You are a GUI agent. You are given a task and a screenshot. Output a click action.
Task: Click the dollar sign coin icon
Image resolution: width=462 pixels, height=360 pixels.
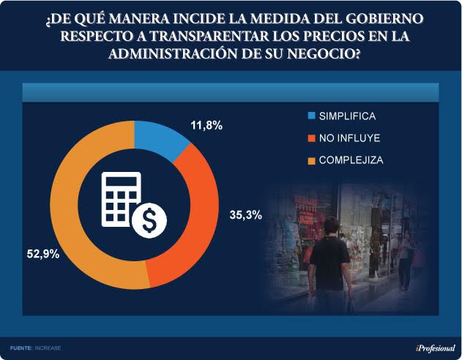pos(149,217)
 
